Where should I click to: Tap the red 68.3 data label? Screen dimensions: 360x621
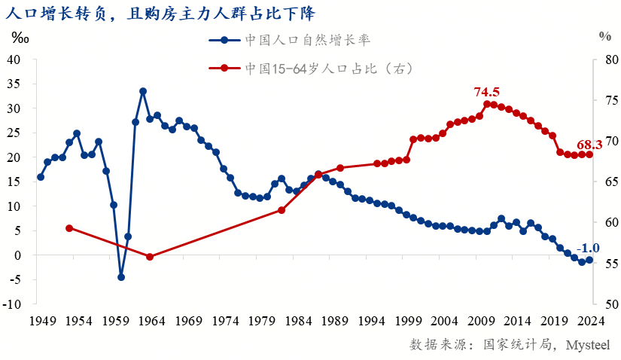(x=589, y=145)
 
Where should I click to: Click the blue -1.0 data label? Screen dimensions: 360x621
(x=588, y=248)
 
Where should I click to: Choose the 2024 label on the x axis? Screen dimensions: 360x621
(x=589, y=320)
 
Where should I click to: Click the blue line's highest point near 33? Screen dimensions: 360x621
(x=143, y=91)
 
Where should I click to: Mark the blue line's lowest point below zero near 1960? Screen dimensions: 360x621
(x=121, y=277)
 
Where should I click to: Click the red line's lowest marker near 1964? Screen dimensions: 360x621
(x=150, y=257)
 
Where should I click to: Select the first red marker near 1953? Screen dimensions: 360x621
(x=69, y=228)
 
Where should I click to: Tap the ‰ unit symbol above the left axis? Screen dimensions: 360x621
(x=20, y=37)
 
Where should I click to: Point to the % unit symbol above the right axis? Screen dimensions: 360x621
(x=605, y=35)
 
